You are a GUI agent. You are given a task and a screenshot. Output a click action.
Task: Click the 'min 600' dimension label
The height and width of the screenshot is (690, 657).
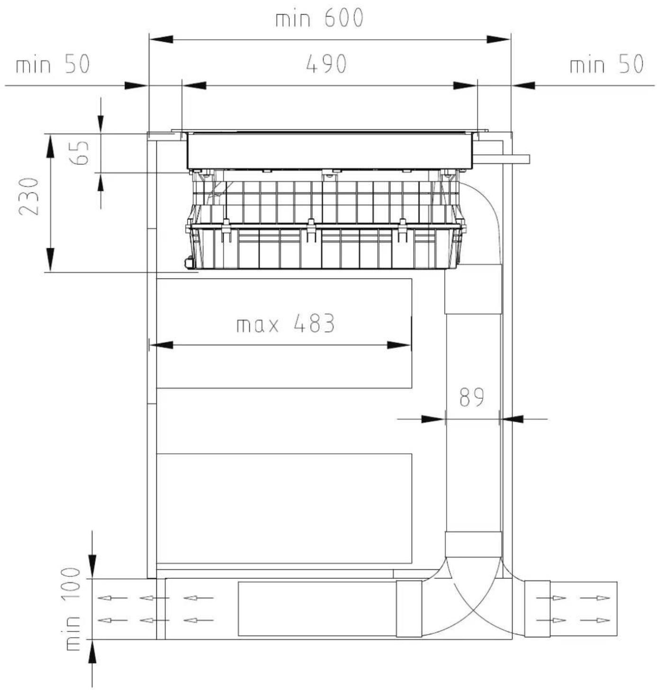pos(319,18)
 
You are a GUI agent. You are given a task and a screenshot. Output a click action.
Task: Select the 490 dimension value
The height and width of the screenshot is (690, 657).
pos(326,64)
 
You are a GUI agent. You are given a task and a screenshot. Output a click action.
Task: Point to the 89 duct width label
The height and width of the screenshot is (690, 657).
pos(472,397)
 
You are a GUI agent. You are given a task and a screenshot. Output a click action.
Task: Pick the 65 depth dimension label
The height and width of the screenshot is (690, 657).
pos(80,153)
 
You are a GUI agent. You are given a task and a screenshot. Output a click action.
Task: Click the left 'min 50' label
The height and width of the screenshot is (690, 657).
pos(53,64)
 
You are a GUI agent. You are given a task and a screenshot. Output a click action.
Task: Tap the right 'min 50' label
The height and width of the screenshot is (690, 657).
pos(606,64)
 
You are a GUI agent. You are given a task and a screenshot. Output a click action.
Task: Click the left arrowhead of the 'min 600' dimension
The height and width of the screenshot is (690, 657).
pos(161,39)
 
